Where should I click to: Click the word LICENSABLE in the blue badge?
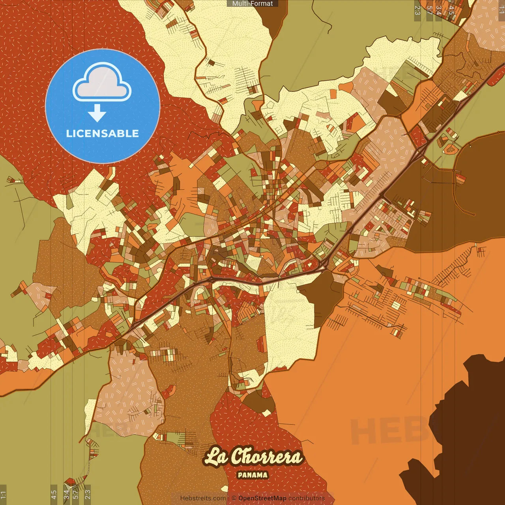[x=103, y=133]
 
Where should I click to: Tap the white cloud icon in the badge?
[x=102, y=83]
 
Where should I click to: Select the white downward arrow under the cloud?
[x=97, y=113]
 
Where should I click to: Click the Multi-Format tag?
[x=252, y=4]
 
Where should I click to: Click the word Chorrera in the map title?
[x=266, y=456]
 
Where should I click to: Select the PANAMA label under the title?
[x=252, y=475]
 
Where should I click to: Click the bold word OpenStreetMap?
[x=262, y=498]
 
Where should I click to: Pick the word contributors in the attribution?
[x=307, y=498]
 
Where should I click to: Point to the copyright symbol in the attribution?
[x=234, y=498]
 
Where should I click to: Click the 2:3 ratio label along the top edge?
[x=417, y=10]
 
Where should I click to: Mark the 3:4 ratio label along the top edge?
[x=438, y=10]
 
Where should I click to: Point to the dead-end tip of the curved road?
[x=473, y=214]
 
